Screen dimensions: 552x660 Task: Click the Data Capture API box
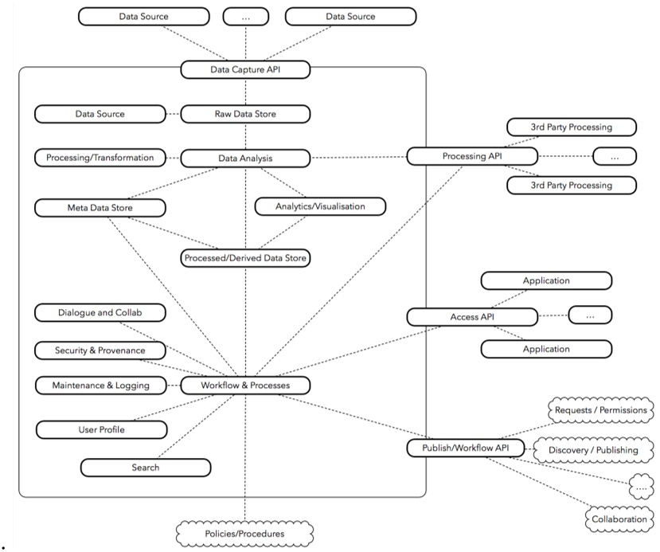(245, 70)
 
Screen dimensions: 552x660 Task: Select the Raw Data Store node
(245, 114)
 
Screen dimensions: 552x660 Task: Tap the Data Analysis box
(245, 159)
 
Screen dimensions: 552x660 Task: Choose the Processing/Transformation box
(100, 158)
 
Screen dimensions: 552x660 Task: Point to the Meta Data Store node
(100, 208)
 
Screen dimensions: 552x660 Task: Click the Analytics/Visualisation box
(320, 206)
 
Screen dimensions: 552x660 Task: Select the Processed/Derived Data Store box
(245, 258)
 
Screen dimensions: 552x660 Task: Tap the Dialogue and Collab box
(100, 312)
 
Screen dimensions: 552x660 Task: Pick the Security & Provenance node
(100, 350)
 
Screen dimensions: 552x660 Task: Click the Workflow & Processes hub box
(245, 386)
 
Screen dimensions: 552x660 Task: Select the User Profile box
(102, 429)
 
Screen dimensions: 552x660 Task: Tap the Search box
(146, 468)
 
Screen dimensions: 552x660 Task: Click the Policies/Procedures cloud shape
(244, 533)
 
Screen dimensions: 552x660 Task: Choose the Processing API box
(470, 156)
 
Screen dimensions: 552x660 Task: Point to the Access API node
(470, 317)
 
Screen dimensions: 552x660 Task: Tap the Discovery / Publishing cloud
(593, 450)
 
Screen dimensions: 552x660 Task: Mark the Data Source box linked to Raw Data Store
(100, 114)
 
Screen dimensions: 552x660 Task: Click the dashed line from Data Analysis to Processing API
(358, 158)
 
